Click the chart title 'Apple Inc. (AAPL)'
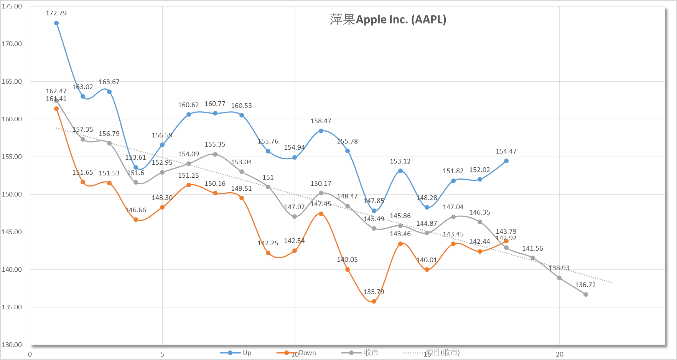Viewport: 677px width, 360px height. (x=388, y=20)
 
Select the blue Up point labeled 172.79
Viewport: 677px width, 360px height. (x=56, y=23)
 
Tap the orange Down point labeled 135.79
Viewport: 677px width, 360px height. (x=374, y=301)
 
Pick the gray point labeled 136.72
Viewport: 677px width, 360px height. (x=586, y=294)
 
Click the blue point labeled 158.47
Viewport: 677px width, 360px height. (x=321, y=131)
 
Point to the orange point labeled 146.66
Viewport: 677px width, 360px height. (x=136, y=220)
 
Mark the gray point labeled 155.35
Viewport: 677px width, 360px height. (x=215, y=154)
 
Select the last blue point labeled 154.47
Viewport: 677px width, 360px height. (x=506, y=161)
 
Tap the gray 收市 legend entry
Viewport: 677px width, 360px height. (x=360, y=353)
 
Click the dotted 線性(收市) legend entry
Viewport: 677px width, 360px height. (x=432, y=353)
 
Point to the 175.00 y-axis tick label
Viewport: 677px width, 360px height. (x=12, y=7)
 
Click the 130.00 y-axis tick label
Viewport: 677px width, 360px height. (x=12, y=345)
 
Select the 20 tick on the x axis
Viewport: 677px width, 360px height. (x=560, y=354)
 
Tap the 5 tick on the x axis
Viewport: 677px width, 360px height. (x=162, y=354)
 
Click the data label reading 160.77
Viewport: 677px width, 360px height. (x=215, y=104)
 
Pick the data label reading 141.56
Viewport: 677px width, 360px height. (x=532, y=249)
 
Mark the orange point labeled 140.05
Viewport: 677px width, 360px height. (x=348, y=269)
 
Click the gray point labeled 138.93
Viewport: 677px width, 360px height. (x=559, y=278)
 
